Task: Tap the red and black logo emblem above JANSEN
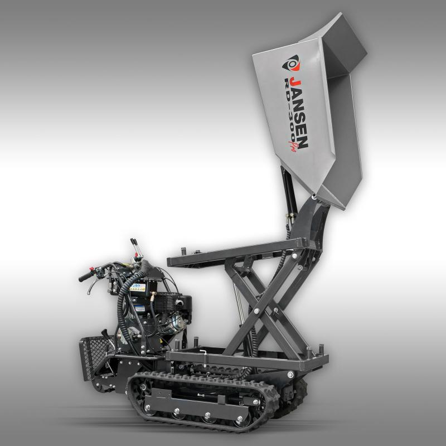tap(291, 63)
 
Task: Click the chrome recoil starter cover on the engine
tap(177, 322)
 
